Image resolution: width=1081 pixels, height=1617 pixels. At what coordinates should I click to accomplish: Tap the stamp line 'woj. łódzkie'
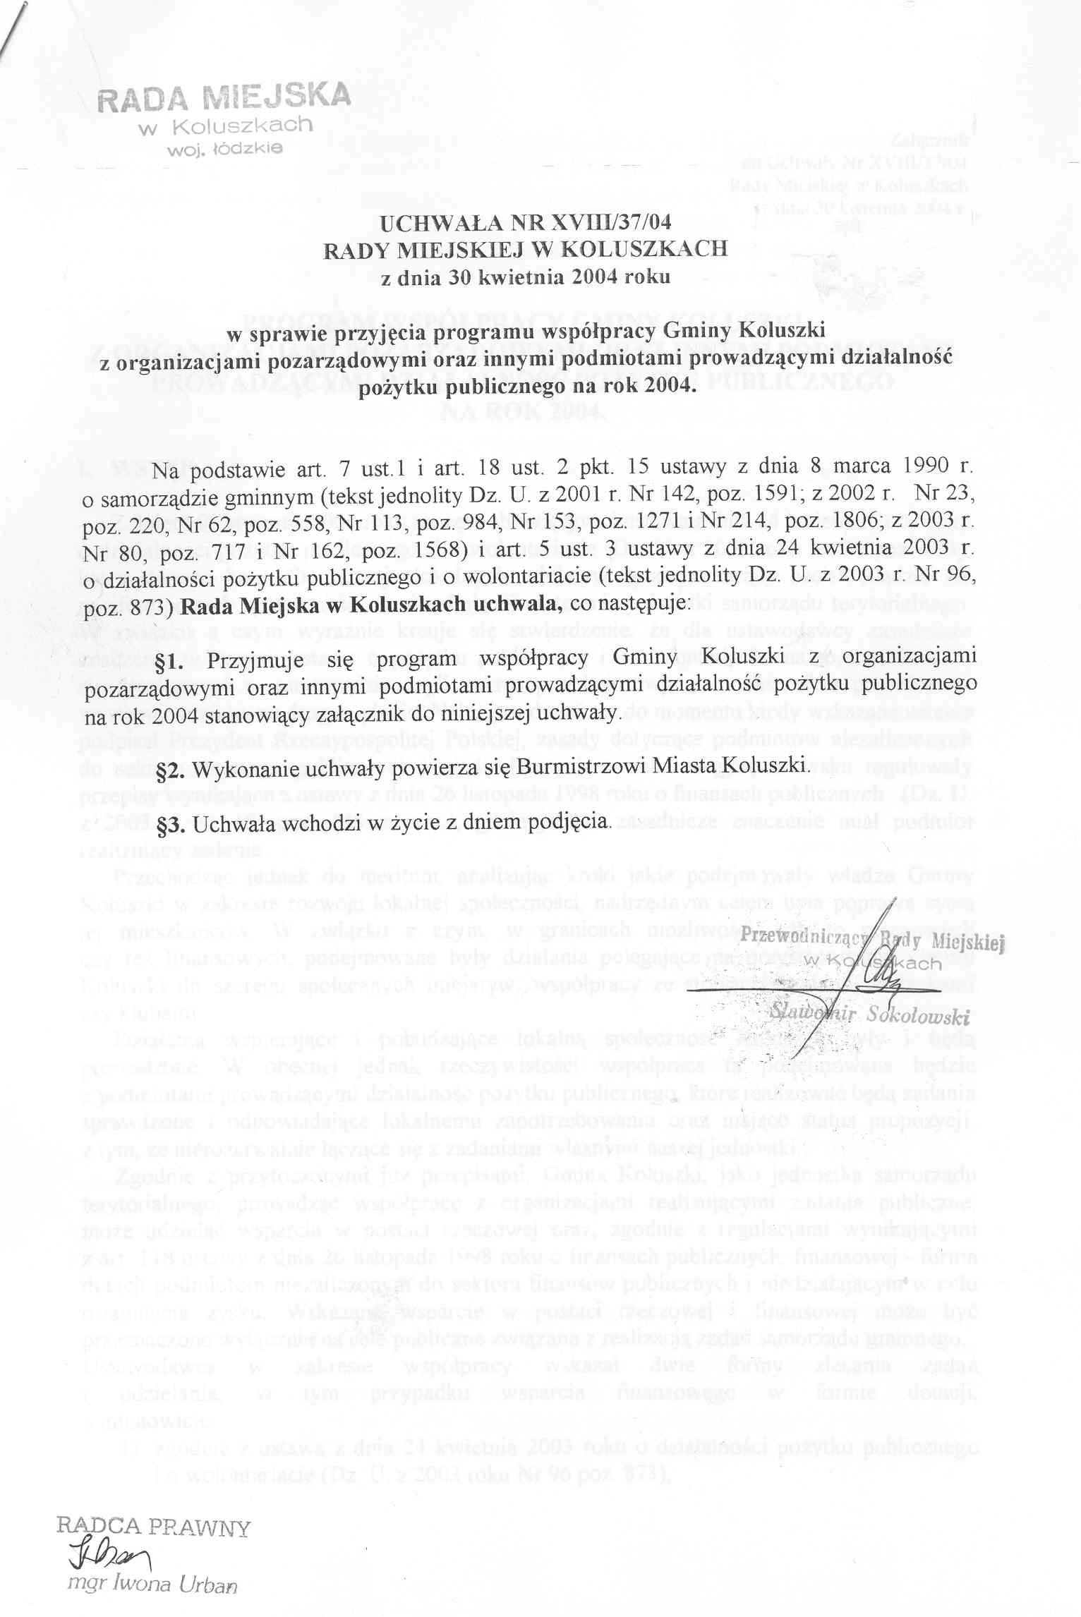point(224,148)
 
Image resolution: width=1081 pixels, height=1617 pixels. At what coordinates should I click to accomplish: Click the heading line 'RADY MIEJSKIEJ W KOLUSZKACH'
point(525,250)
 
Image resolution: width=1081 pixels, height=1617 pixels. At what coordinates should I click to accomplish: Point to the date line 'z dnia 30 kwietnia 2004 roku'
point(525,277)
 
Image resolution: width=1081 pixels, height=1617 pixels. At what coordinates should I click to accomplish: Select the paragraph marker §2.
point(169,767)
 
